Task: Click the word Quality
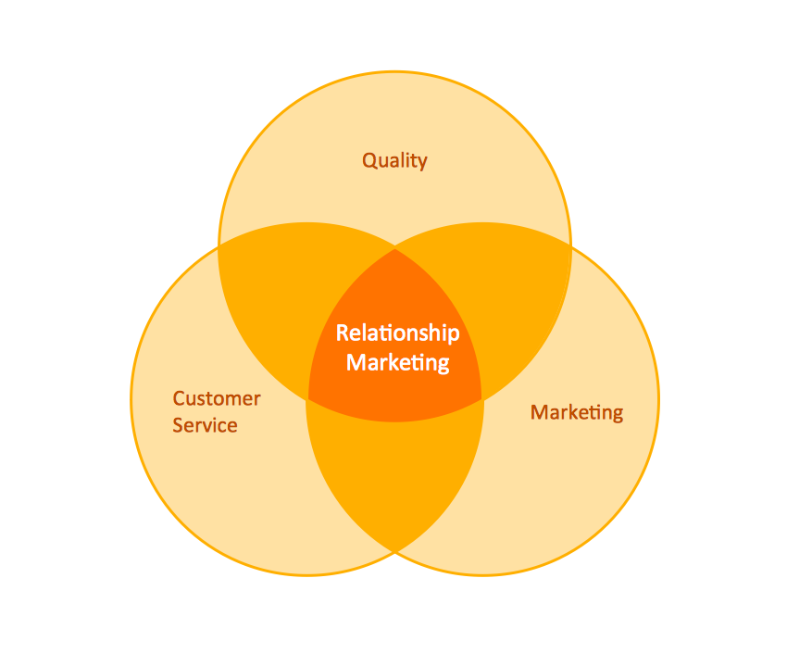394,161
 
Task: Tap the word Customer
217,399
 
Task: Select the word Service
205,426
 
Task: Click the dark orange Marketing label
576,412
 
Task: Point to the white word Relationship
397,333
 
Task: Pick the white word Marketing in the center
397,362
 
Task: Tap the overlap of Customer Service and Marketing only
395,472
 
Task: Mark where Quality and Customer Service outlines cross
219,245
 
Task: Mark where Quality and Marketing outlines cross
571,245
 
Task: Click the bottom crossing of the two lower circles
395,552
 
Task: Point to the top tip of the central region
395,249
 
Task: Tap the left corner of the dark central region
307,400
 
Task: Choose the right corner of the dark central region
482,400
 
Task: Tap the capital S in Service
179,426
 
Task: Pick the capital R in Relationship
342,333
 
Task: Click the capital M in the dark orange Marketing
539,412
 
